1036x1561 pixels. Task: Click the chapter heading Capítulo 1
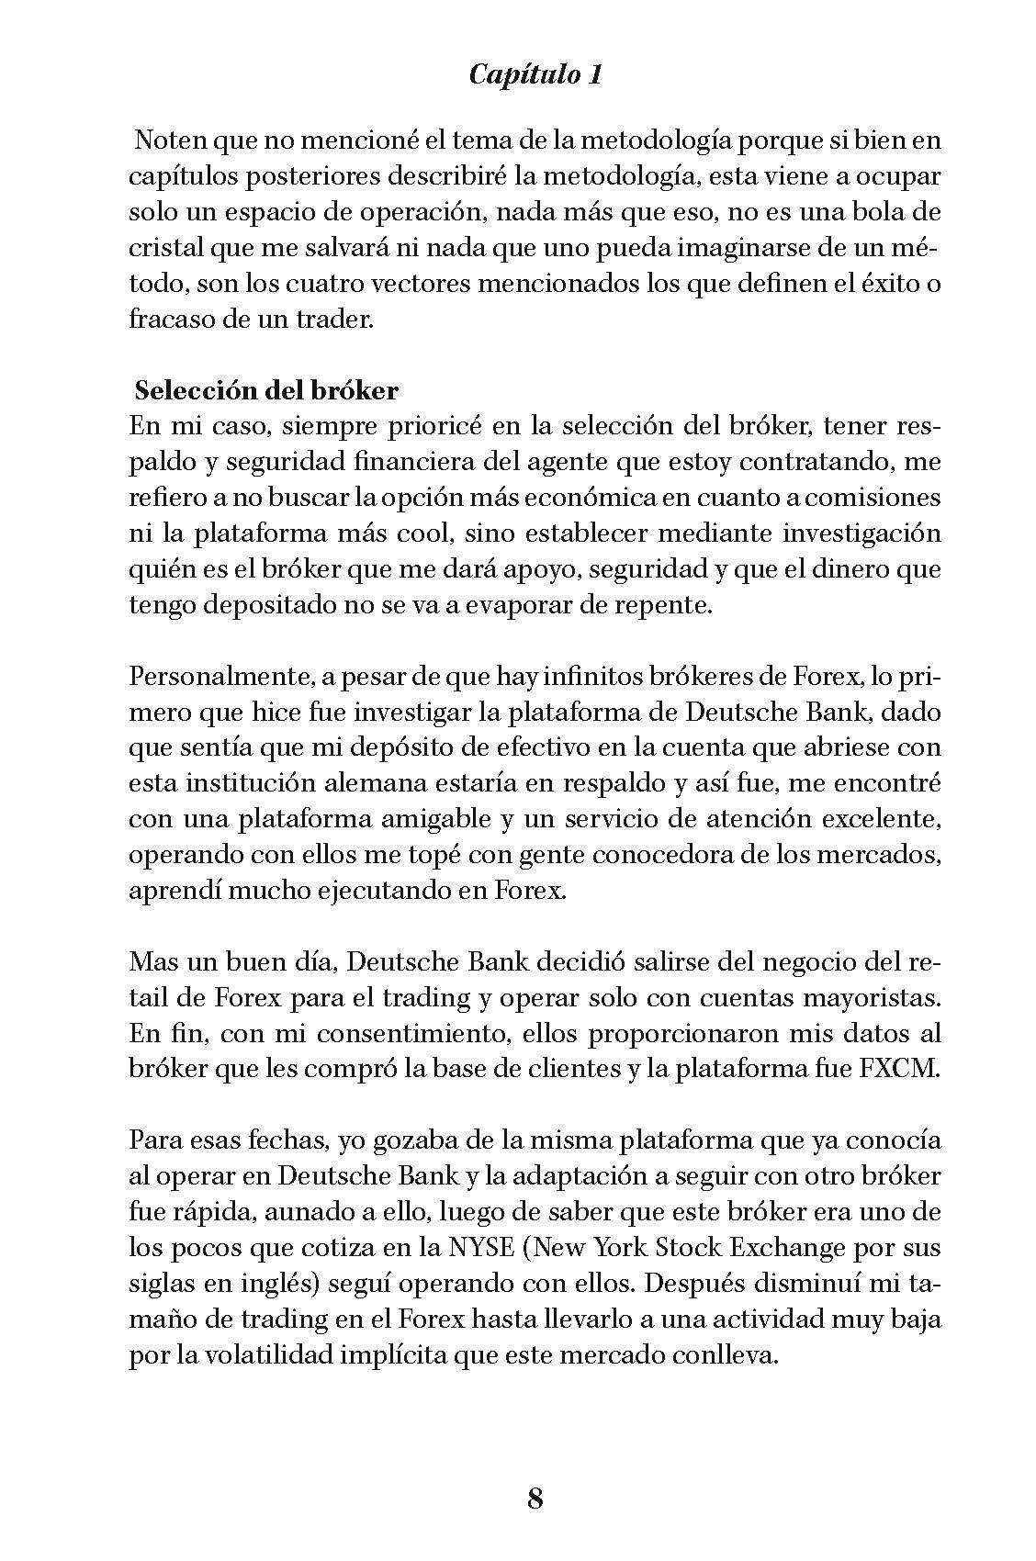click(535, 74)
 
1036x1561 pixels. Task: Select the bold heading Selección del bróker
click(266, 390)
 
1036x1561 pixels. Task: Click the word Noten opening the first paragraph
click(167, 141)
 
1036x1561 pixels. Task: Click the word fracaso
click(167, 320)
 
